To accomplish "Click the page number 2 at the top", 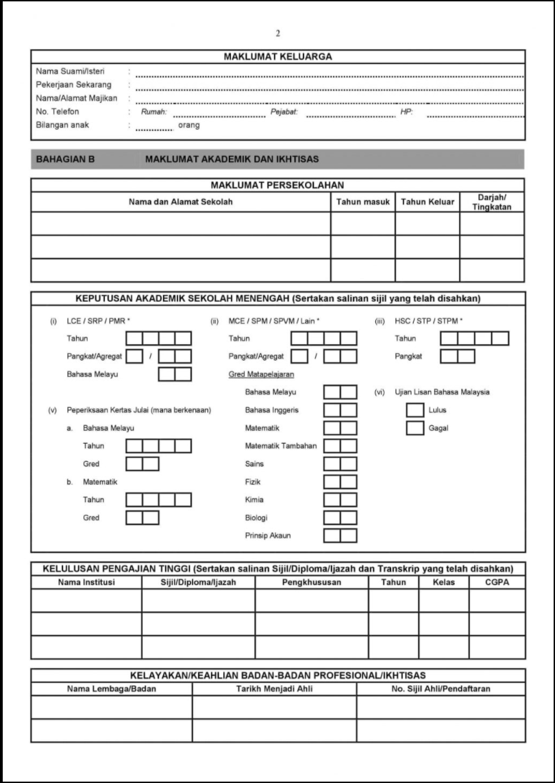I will coord(278,33).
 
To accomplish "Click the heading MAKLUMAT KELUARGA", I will coord(277,57).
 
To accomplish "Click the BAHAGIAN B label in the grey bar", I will coord(64,159).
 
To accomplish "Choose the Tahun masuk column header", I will coord(362,202).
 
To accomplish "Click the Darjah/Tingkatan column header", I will coord(491,202).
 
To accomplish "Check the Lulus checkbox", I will coord(415,411).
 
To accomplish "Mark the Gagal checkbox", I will coord(415,429).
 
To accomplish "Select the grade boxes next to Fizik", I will coord(340,482).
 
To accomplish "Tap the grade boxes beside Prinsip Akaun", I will coord(340,535).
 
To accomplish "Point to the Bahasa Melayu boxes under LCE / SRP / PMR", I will coord(175,374).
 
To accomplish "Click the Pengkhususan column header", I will coord(312,583).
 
